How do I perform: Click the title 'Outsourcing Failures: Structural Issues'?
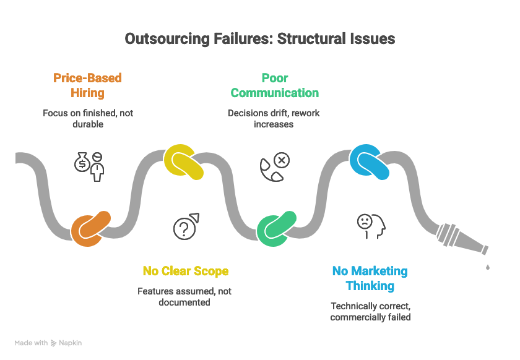click(260, 39)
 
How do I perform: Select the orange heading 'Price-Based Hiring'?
click(87, 85)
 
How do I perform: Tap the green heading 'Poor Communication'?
click(274, 85)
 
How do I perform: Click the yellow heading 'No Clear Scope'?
click(186, 271)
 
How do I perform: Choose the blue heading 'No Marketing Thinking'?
click(370, 278)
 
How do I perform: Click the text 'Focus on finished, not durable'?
click(87, 119)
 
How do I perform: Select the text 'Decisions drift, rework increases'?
click(274, 119)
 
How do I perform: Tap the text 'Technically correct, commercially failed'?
click(370, 311)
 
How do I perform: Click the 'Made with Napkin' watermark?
click(48, 343)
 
